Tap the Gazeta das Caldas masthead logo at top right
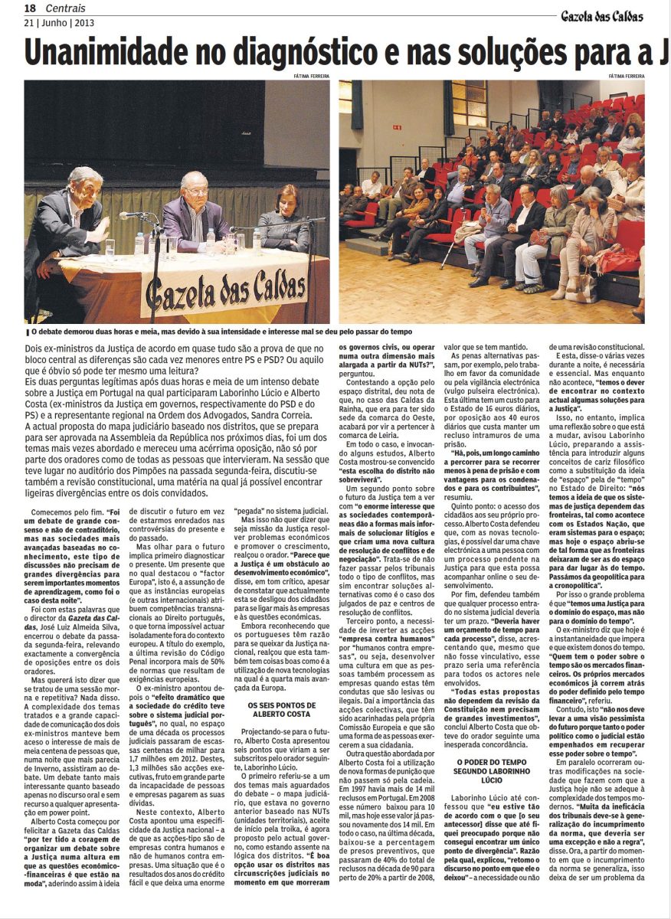[x=601, y=15]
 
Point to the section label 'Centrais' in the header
[x=64, y=8]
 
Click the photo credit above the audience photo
[x=626, y=76]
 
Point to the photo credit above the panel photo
[x=311, y=76]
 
